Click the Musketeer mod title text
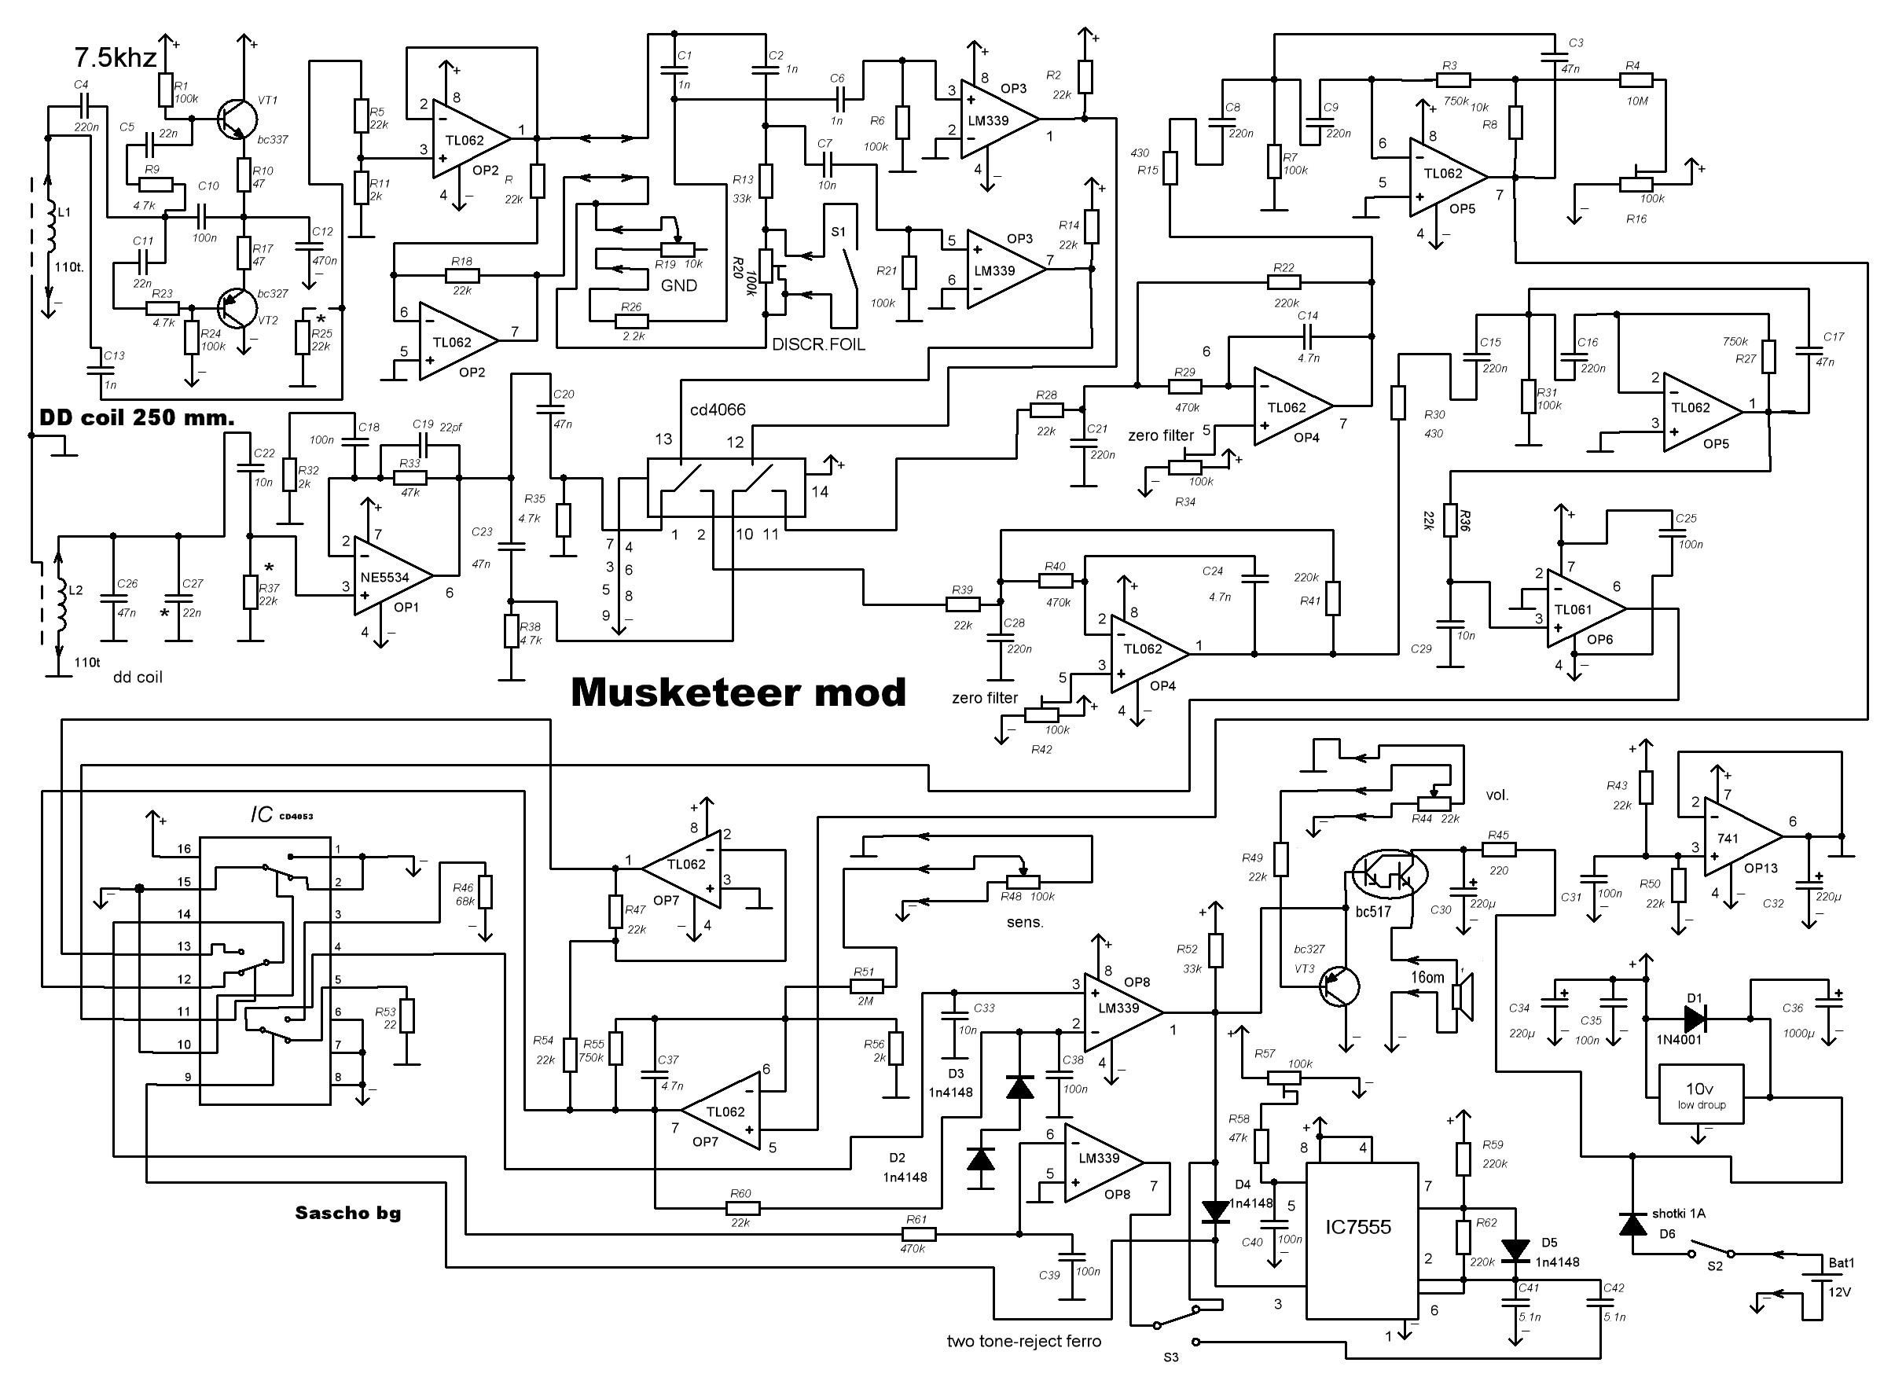(x=738, y=692)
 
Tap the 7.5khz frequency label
(x=116, y=58)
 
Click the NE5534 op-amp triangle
(x=389, y=577)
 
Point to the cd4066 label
(x=717, y=410)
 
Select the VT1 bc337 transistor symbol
(x=233, y=119)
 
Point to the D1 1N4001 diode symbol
(x=1695, y=1019)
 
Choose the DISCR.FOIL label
(x=818, y=344)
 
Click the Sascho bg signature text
(x=347, y=1214)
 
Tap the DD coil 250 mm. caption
(x=137, y=418)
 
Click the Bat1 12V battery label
(x=1840, y=1276)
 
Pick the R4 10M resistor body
(x=1636, y=81)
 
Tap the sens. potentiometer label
(x=1025, y=923)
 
